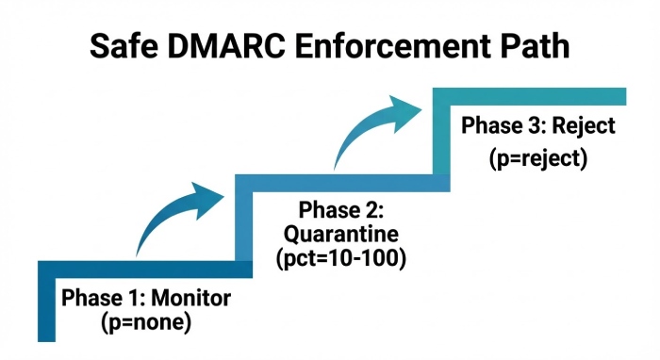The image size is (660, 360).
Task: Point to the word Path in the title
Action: coord(536,45)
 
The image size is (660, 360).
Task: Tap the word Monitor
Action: coord(191,299)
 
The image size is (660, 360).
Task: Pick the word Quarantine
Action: coord(339,233)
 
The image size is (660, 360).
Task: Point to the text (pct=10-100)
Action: coord(339,256)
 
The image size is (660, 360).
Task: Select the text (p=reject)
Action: coord(538,158)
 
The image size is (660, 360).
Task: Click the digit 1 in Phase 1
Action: coord(118,299)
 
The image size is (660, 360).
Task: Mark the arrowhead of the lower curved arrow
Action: coord(209,196)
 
